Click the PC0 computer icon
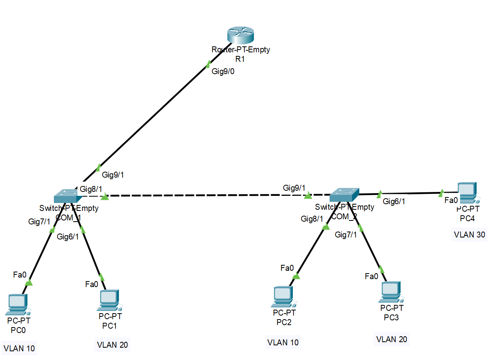point(17,303)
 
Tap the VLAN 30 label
point(469,234)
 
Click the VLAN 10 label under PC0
point(19,349)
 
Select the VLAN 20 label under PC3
point(391,339)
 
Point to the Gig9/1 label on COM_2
point(294,188)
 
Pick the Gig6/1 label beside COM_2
point(394,201)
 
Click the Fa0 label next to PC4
point(451,200)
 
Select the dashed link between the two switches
point(206,195)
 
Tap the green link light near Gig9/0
point(208,64)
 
